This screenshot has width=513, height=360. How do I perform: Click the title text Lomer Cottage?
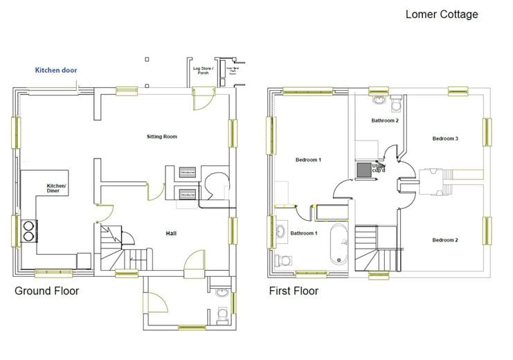(x=441, y=14)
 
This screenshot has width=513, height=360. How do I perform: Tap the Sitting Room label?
(x=162, y=137)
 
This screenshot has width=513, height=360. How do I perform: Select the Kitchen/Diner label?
(x=56, y=188)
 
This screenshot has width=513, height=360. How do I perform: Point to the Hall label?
(x=170, y=233)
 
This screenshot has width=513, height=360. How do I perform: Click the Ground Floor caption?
(x=46, y=291)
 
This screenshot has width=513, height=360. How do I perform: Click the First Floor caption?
(x=294, y=291)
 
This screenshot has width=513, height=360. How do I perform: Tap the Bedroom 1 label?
(x=308, y=160)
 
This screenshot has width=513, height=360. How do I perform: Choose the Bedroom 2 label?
(x=445, y=240)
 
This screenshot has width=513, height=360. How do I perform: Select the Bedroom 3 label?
(x=445, y=138)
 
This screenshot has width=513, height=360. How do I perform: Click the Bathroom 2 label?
(x=384, y=120)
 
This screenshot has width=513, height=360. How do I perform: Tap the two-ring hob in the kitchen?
(x=30, y=230)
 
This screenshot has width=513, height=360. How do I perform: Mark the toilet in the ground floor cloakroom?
(x=222, y=315)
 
